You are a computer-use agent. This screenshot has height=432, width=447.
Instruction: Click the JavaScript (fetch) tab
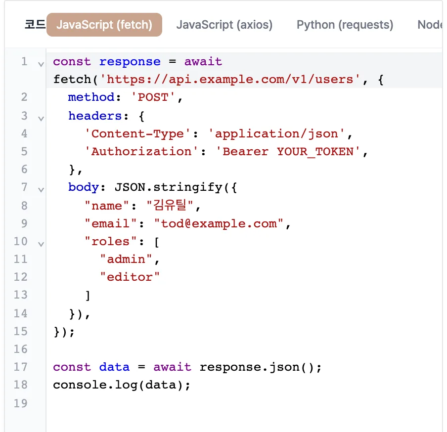pyautogui.click(x=104, y=25)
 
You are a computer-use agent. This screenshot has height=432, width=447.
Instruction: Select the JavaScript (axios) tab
pyautogui.click(x=224, y=25)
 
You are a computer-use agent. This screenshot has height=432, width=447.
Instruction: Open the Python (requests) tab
pyautogui.click(x=345, y=25)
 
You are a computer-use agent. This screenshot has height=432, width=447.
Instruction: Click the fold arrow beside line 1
pyautogui.click(x=41, y=64)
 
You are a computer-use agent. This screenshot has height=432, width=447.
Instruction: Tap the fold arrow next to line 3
pyautogui.click(x=41, y=119)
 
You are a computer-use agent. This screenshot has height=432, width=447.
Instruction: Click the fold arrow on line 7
pyautogui.click(x=41, y=190)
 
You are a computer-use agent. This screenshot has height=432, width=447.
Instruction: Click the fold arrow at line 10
pyautogui.click(x=41, y=244)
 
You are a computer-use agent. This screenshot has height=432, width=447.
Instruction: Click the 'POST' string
pyautogui.click(x=153, y=97)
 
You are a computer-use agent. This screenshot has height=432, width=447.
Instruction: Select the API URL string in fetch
pyautogui.click(x=230, y=80)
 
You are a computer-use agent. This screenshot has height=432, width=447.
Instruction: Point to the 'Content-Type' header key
pyautogui.click(x=137, y=133)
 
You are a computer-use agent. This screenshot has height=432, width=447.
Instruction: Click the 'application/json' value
pyautogui.click(x=276, y=133)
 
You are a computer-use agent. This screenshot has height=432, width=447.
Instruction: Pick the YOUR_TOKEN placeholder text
pyautogui.click(x=315, y=152)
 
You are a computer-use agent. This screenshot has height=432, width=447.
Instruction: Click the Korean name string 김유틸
pyautogui.click(x=170, y=205)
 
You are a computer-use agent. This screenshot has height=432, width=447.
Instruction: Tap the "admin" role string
pyautogui.click(x=126, y=259)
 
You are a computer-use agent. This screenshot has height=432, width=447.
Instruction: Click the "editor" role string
pyautogui.click(x=130, y=277)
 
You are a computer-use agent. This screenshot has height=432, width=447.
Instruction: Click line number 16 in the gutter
pyautogui.click(x=21, y=349)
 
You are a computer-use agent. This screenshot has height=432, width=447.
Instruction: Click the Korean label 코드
pyautogui.click(x=35, y=25)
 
